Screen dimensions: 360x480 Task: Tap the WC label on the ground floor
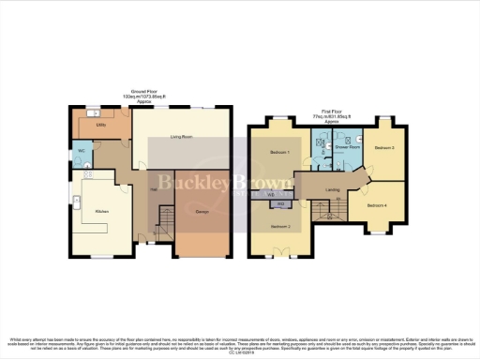pos(82,151)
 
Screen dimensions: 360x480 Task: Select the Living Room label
pos(181,138)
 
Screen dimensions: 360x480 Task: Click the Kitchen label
pos(102,212)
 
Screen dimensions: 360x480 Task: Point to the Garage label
pos(202,212)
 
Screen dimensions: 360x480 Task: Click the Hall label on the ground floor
pos(152,187)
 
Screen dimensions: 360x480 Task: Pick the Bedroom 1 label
pos(280,152)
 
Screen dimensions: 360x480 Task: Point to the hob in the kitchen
pos(89,173)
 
